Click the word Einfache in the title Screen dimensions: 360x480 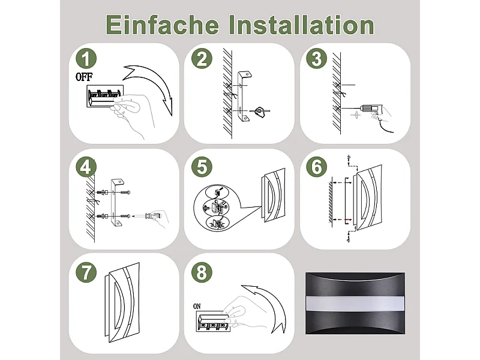coord(162,25)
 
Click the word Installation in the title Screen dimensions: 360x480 coord(302,25)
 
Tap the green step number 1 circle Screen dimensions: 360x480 coord(87,59)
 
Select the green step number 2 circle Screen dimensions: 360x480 coord(202,59)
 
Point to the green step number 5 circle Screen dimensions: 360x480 coord(202,166)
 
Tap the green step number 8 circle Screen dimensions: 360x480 coord(202,272)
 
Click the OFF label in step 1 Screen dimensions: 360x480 coord(85,77)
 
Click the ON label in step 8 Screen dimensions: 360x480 coord(197,306)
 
